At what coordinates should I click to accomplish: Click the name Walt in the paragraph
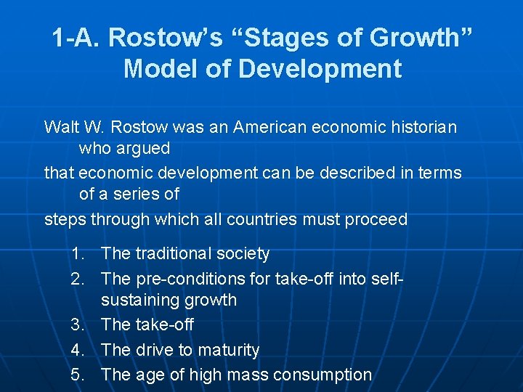point(62,127)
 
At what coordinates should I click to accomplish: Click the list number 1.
point(77,254)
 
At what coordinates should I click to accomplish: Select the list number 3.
point(77,325)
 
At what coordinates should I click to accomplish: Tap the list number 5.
point(77,375)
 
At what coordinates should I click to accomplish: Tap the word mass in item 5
point(244,375)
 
